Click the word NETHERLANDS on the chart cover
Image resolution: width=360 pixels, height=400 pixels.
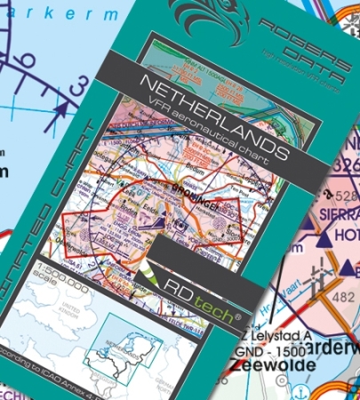pos(212,118)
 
